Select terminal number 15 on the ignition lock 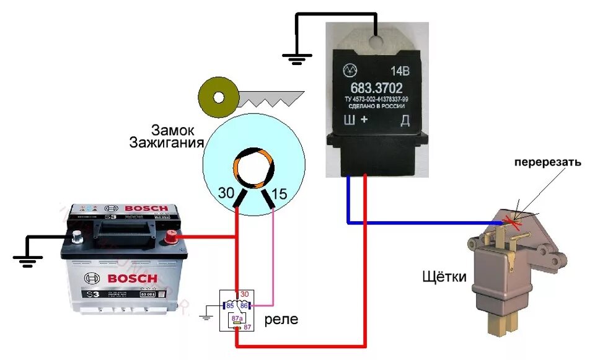tap(280, 193)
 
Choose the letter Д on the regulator tap(405, 121)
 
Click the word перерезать tap(547, 163)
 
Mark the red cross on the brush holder tap(514, 218)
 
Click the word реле tap(281, 320)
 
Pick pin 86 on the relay tap(244, 305)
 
